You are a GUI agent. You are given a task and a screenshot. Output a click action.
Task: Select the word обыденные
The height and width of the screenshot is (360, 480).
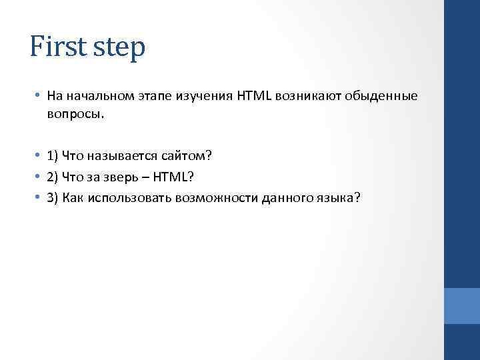[x=381, y=96]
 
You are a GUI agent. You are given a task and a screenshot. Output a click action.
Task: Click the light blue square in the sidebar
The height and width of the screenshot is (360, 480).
[x=461, y=306]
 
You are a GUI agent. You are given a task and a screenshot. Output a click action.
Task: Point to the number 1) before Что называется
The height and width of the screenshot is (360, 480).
[x=53, y=156]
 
